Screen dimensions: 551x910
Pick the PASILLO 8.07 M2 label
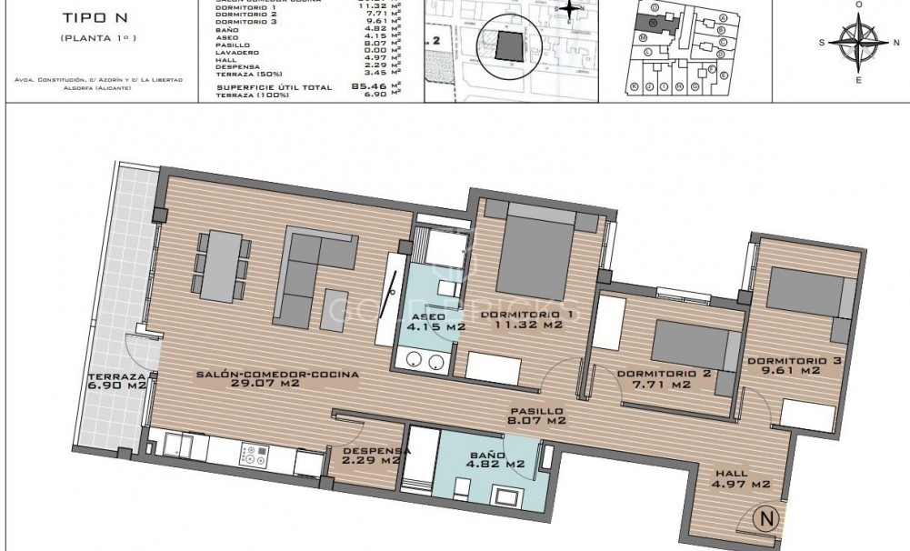pos(536,416)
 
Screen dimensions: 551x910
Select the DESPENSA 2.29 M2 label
pos(371,456)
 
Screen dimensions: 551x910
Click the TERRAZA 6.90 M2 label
pos(117,381)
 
